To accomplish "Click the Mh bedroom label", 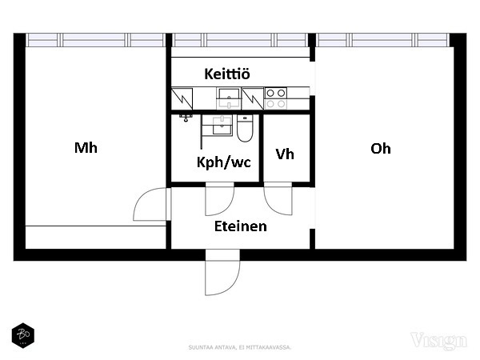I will pyautogui.click(x=86, y=148).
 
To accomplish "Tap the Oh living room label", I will pyautogui.click(x=381, y=148).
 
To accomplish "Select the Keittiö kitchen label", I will pyautogui.click(x=227, y=74).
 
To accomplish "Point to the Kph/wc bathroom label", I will pyautogui.click(x=224, y=162).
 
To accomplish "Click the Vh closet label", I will pyautogui.click(x=285, y=154).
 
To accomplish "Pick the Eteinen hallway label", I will pyautogui.click(x=240, y=226).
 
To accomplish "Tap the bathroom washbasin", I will pyautogui.click(x=216, y=126).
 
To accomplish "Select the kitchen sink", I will pyautogui.click(x=230, y=98).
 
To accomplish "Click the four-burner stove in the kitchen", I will pyautogui.click(x=276, y=98).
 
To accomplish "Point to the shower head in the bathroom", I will pyautogui.click(x=186, y=118).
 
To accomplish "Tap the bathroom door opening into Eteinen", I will pyautogui.click(x=218, y=200).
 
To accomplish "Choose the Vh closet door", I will pyautogui.click(x=278, y=200).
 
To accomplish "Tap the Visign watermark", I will pyautogui.click(x=438, y=342).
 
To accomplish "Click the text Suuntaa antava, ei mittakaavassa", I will pyautogui.click(x=240, y=347).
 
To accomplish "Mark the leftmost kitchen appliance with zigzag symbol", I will pyautogui.click(x=182, y=98).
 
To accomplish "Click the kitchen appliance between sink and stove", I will pyautogui.click(x=253, y=98).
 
